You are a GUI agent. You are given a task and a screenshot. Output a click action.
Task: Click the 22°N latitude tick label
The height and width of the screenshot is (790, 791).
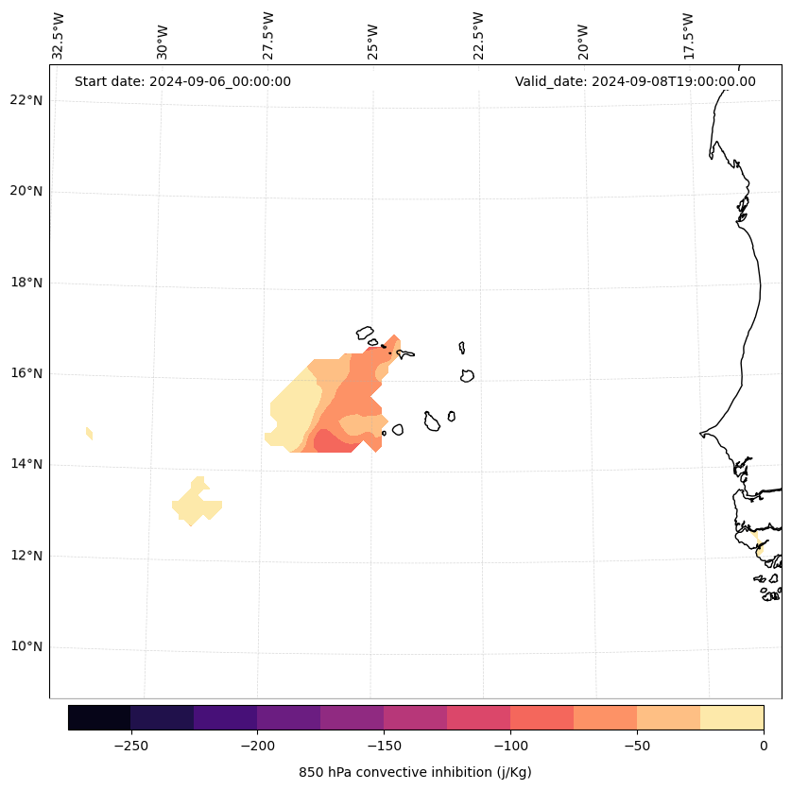coord(25,100)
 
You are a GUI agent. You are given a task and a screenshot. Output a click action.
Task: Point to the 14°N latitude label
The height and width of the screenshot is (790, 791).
coord(25,464)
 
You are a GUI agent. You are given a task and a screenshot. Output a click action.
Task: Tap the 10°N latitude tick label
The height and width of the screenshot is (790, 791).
coord(25,646)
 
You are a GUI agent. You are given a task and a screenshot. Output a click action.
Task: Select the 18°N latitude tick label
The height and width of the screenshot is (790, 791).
coord(25,283)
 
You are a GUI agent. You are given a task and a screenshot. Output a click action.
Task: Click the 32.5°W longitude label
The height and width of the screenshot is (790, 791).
coord(59,36)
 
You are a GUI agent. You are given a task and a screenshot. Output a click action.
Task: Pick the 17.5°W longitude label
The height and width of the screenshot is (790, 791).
coord(688,36)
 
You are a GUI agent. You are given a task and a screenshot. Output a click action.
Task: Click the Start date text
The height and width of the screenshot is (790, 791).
coord(182,81)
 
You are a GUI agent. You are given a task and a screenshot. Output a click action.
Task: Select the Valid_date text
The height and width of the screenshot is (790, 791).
coord(635,81)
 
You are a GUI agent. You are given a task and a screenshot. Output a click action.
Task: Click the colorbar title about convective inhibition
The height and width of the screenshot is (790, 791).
coord(415,772)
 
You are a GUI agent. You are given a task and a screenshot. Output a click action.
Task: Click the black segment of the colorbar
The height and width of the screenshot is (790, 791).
coord(99,717)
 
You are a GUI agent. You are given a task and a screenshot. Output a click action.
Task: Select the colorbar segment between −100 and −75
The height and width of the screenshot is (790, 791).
coord(542,717)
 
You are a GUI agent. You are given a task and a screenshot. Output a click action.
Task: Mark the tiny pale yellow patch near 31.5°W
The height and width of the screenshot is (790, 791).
coord(89,433)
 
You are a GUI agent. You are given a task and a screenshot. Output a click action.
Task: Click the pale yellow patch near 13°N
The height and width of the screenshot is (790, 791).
coord(197,505)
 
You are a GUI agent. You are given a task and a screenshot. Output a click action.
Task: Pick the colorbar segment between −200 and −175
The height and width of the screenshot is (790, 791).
coord(288,717)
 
